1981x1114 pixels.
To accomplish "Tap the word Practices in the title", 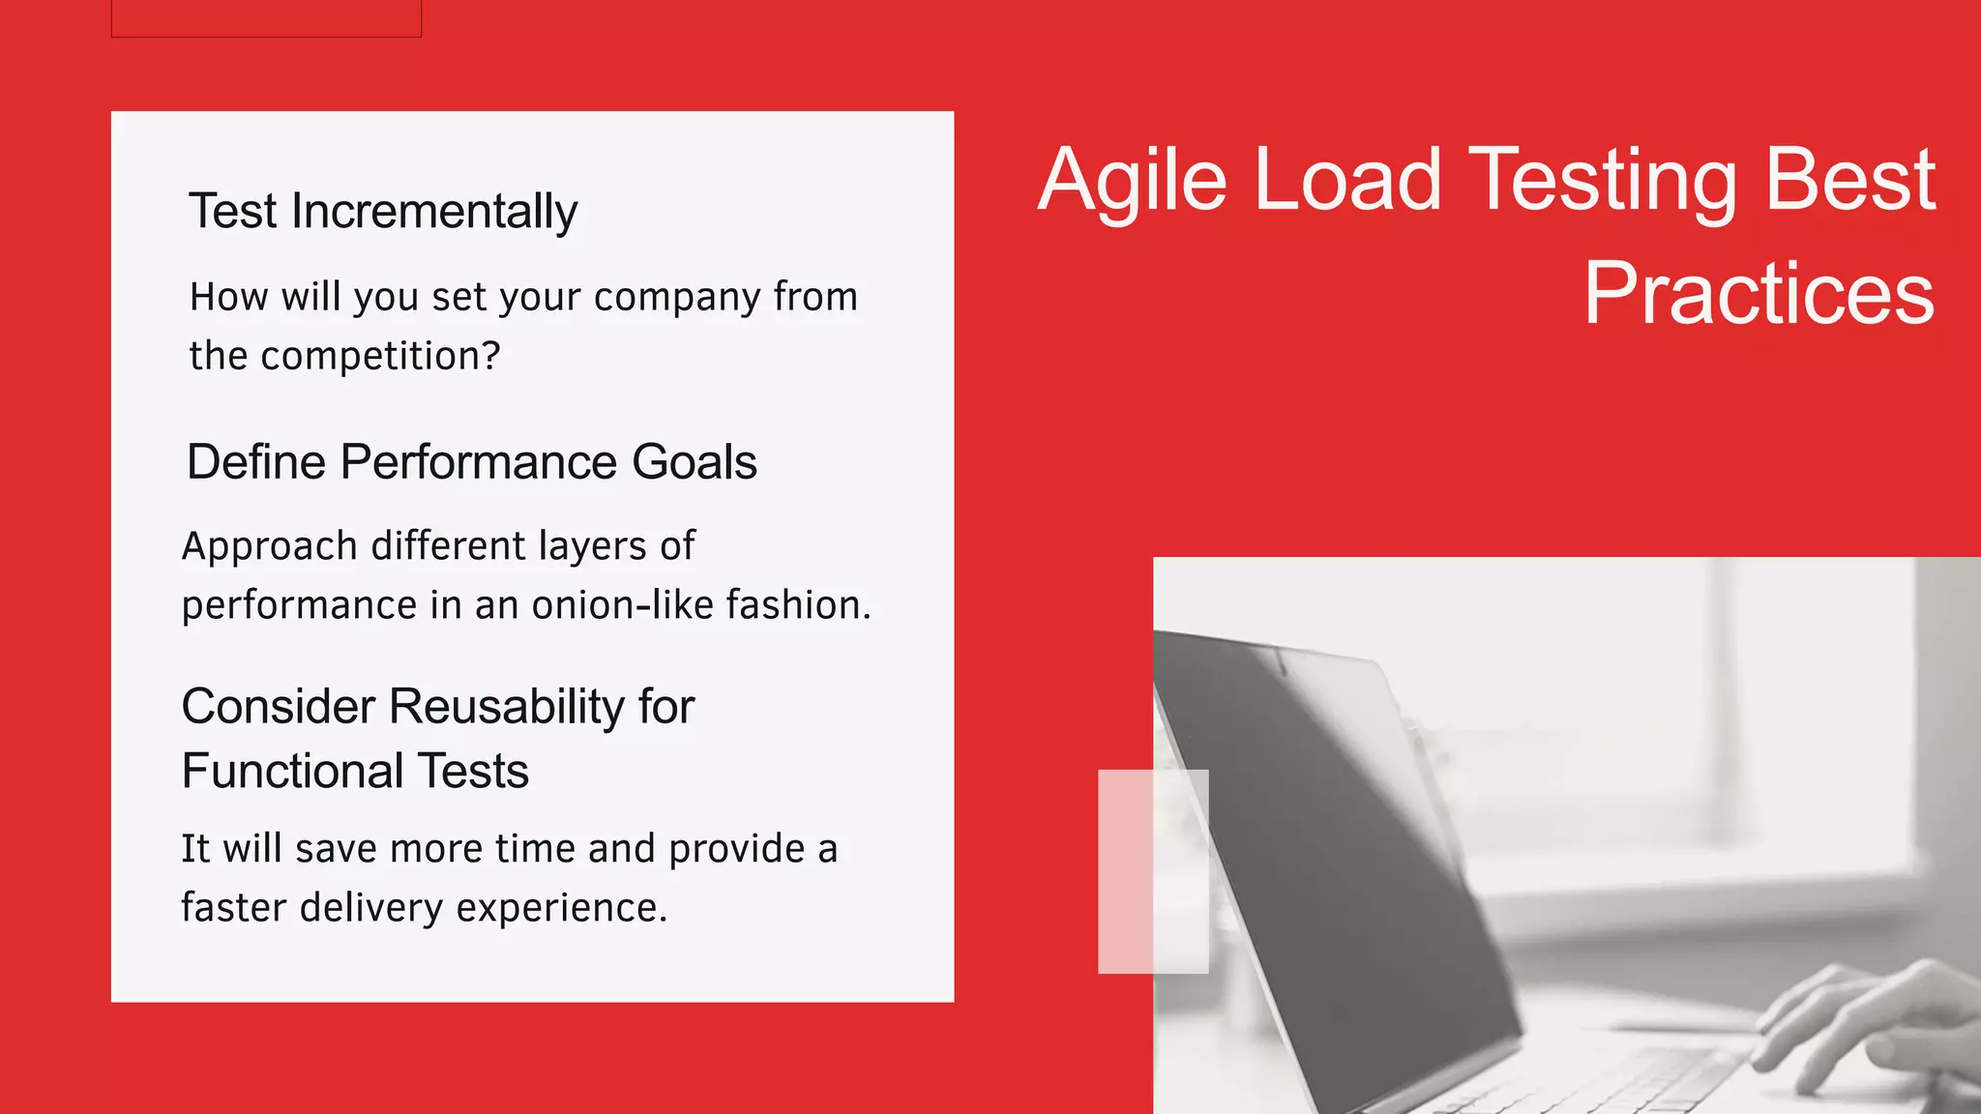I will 1758,294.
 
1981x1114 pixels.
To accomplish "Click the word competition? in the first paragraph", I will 380,356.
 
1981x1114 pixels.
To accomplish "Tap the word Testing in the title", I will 1601,181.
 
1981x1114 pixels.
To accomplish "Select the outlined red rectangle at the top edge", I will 266,17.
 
